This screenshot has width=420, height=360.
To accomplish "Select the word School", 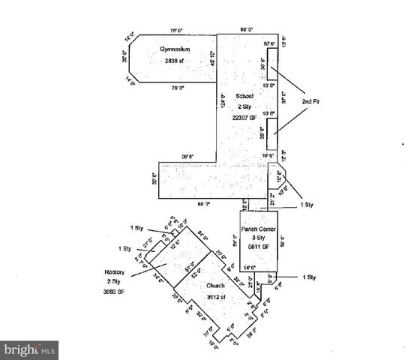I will pyautogui.click(x=245, y=96).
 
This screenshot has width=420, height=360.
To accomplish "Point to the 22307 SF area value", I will pyautogui.click(x=246, y=117).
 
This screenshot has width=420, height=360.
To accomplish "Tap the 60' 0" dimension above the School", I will pyautogui.click(x=246, y=29).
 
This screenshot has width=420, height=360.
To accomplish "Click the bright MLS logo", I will pyautogui.click(x=30, y=349).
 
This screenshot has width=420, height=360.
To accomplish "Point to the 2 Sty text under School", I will pyautogui.click(x=245, y=106).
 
